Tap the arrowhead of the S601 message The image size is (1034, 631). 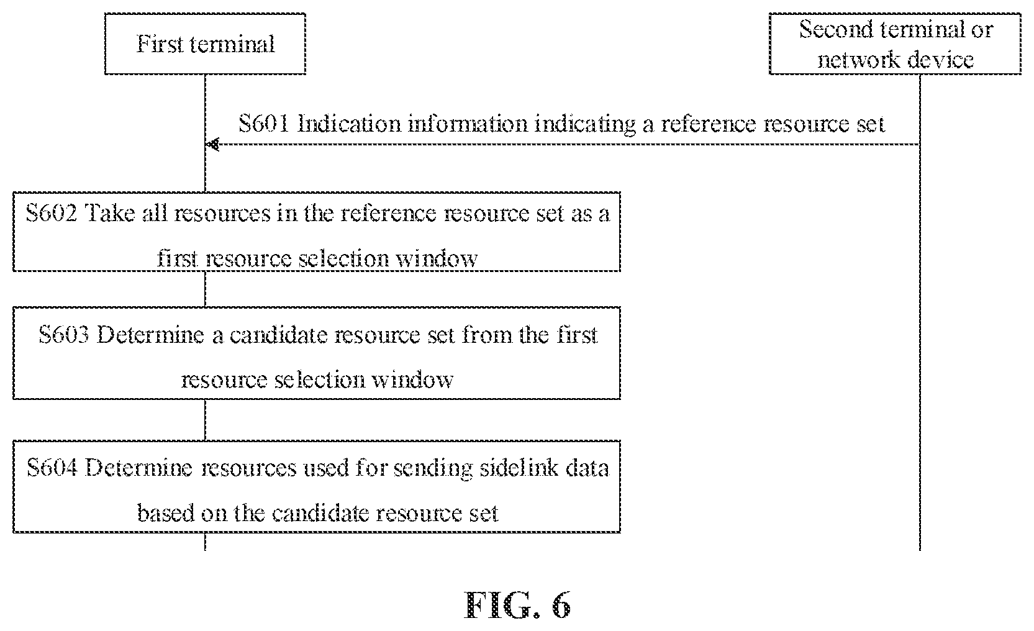(x=212, y=145)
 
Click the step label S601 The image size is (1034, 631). (x=263, y=124)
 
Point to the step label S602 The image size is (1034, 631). (x=51, y=213)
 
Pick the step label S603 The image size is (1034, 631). (x=64, y=335)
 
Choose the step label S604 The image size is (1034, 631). (x=52, y=468)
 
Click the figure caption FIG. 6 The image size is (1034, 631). (x=517, y=604)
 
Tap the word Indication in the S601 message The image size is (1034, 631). (x=349, y=124)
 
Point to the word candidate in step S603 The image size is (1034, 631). (x=278, y=335)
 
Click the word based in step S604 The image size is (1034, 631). (x=166, y=513)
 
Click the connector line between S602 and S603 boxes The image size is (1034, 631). (x=205, y=289)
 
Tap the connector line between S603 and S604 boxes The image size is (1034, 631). (x=205, y=420)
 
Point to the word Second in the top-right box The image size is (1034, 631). (x=835, y=30)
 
